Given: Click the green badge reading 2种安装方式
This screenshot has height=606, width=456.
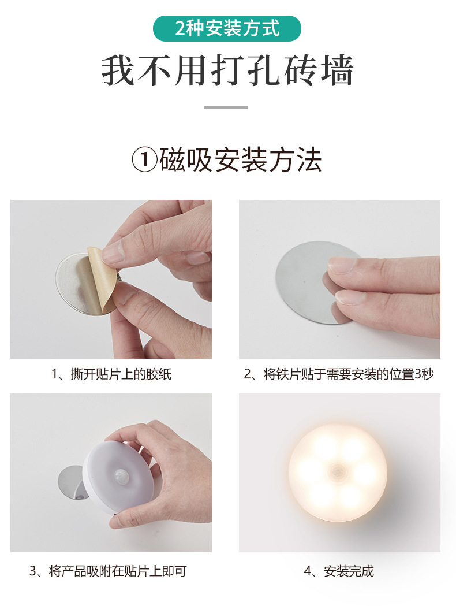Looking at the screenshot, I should point(227,28).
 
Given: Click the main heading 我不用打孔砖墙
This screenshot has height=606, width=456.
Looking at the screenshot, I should point(227,72).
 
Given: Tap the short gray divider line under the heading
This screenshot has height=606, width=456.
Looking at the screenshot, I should point(226,107).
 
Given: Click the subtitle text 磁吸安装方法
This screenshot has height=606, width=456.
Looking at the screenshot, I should point(240,161).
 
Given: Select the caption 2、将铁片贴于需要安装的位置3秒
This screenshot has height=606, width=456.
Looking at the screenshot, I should point(339,374).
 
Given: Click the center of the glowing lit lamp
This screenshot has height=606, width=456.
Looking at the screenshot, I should point(338,473).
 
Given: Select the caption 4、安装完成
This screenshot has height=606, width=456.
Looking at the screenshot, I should point(339,571).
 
